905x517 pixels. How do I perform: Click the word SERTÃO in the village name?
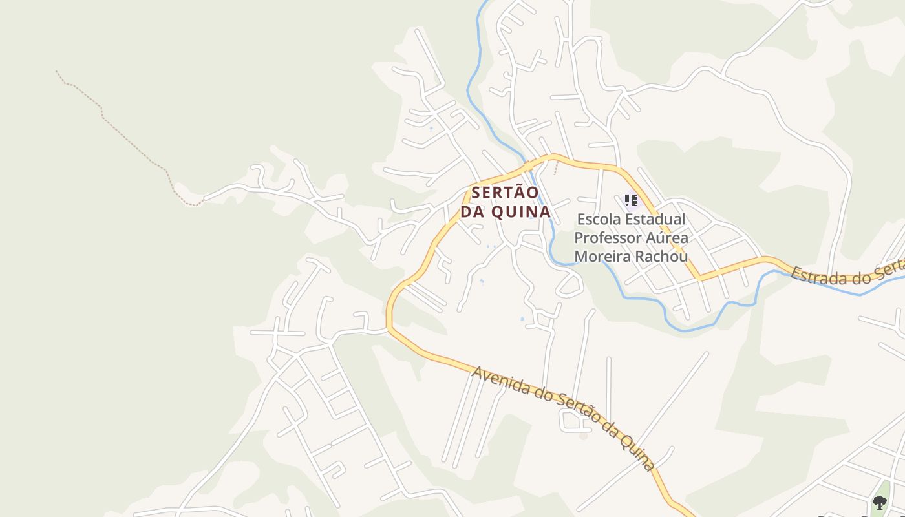(x=506, y=193)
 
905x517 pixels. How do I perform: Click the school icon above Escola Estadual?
(x=631, y=200)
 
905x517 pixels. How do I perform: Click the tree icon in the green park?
(x=879, y=502)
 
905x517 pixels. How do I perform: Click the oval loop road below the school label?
(x=570, y=284)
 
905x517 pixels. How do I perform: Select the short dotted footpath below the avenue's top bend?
(x=555, y=167)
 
